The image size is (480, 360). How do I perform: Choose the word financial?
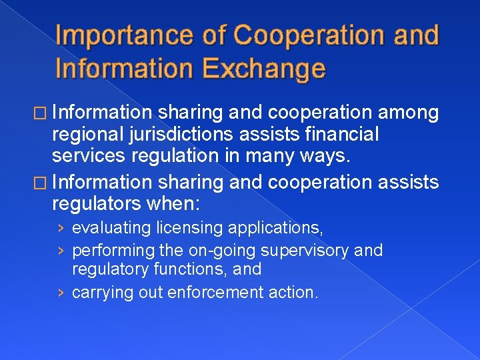[x=343, y=135]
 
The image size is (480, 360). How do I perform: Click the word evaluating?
[x=111, y=229]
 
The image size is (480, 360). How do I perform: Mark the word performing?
[x=113, y=251]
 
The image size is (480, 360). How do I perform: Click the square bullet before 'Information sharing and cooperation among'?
[x=41, y=114]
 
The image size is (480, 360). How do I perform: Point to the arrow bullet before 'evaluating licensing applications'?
[x=61, y=229]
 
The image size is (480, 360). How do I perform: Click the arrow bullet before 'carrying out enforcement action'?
[x=61, y=291]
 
